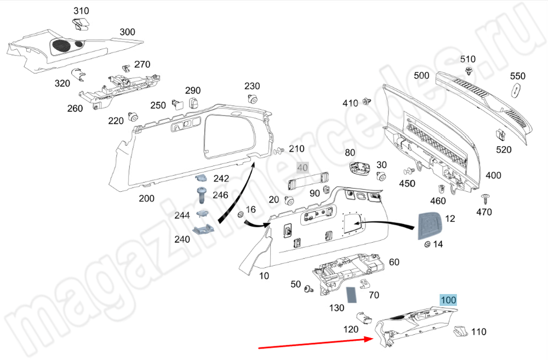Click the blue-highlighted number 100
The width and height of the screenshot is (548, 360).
click(x=448, y=300)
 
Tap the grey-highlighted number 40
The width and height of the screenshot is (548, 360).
click(x=302, y=168)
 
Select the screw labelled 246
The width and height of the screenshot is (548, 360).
click(x=202, y=195)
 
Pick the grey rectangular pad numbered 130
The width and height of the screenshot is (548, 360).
click(x=351, y=295)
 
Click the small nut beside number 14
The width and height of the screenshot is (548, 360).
click(x=427, y=245)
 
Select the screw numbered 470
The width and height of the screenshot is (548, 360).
click(x=485, y=199)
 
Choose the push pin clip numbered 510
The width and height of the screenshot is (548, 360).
click(x=469, y=72)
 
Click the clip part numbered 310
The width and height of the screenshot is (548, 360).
click(x=81, y=24)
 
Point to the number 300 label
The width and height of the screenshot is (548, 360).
click(x=127, y=32)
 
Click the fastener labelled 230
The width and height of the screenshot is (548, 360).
click(x=253, y=99)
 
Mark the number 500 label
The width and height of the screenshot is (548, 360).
click(x=421, y=76)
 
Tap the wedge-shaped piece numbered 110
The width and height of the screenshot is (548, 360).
click(x=460, y=331)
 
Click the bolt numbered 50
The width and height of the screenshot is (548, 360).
click(x=309, y=289)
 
